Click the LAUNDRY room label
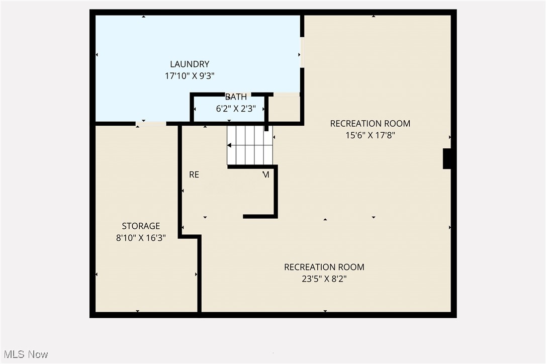point(190,64)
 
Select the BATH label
point(236,97)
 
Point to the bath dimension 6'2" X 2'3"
point(236,108)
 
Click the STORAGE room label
point(141,226)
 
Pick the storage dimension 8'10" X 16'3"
point(141,237)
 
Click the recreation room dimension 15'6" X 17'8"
point(370,135)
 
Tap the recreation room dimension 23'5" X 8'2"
point(324,279)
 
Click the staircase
point(249,145)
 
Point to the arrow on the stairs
point(230,145)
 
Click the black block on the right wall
point(446,158)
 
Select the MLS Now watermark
point(24,354)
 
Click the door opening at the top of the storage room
point(151,123)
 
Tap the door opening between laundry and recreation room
point(302,52)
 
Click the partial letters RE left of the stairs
point(194,174)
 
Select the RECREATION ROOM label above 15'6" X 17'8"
point(370,123)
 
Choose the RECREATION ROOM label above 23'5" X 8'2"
point(324,267)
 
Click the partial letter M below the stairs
point(266,174)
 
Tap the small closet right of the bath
point(284,109)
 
